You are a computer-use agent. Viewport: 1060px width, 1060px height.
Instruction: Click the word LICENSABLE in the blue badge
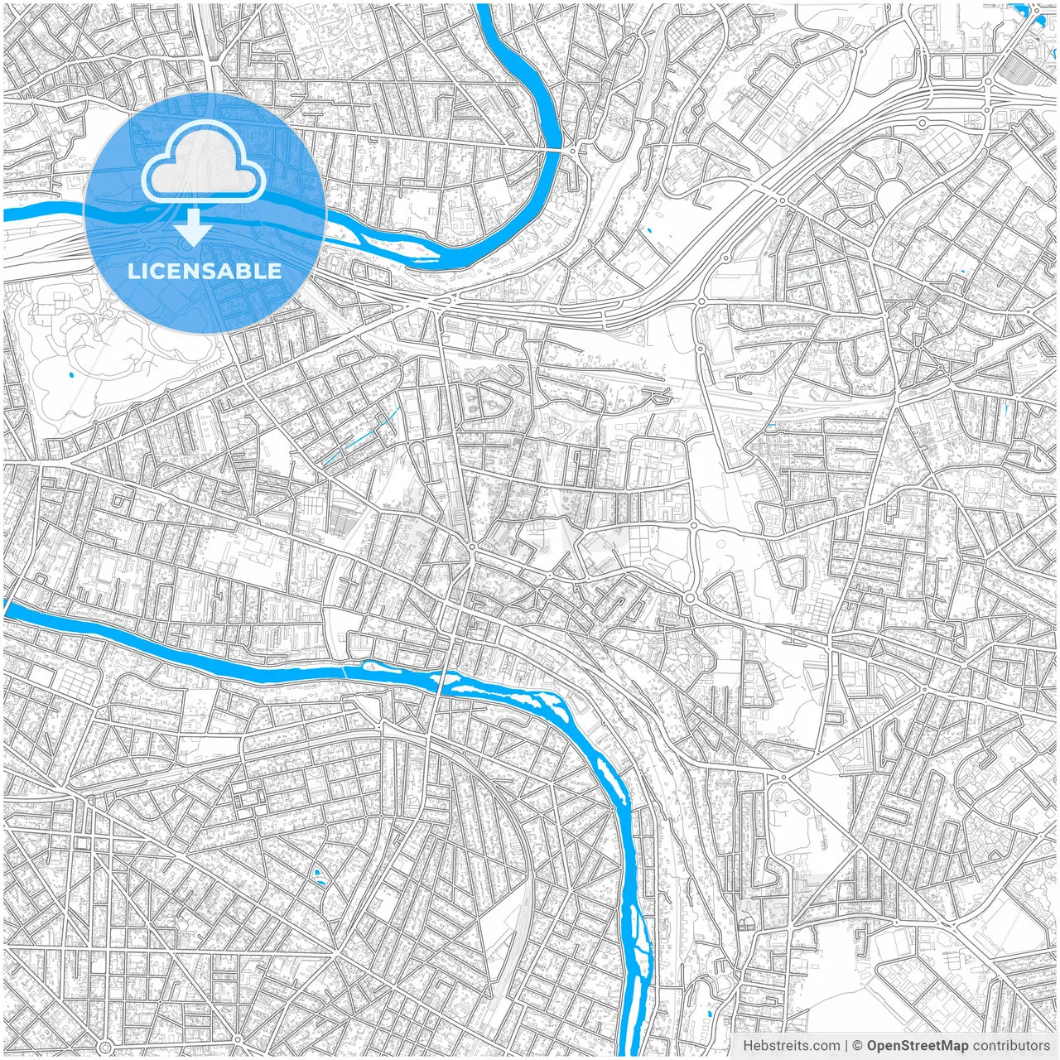click(205, 272)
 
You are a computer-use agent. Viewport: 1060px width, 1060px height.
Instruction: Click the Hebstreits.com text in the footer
click(791, 1046)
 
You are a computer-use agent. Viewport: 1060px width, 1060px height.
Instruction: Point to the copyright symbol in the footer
click(858, 1046)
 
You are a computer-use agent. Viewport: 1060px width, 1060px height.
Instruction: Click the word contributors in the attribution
click(1011, 1046)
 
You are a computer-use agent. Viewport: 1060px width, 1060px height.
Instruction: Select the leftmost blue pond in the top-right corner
click(1018, 10)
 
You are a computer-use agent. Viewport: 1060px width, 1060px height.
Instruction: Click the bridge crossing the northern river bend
click(556, 150)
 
